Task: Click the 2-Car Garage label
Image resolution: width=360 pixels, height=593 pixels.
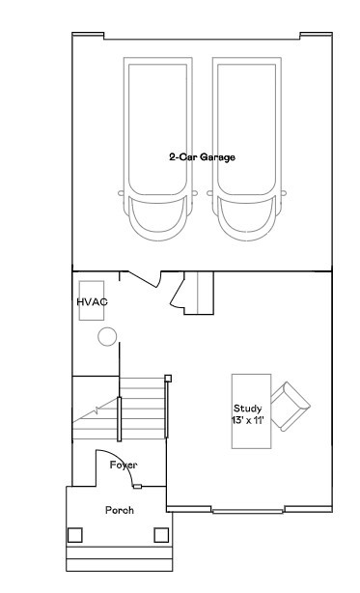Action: pos(202,156)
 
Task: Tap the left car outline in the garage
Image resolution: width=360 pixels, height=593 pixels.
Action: pos(158,150)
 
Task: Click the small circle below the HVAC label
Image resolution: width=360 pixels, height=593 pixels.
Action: pos(106,337)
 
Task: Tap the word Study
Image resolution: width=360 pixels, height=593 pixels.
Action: pos(248,408)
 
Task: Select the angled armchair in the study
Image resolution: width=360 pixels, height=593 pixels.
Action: pos(290,405)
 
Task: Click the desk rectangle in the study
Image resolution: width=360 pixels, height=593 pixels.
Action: pos(249,411)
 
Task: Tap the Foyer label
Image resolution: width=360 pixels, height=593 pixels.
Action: pos(123,466)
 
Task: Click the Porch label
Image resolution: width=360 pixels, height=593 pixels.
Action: pos(119,510)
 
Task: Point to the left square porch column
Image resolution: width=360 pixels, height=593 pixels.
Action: pos(75,534)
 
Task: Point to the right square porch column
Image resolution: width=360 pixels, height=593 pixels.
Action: pos(160,534)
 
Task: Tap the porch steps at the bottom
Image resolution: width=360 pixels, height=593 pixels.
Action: pos(118,557)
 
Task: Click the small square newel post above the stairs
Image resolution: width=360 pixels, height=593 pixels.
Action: pos(168,378)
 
